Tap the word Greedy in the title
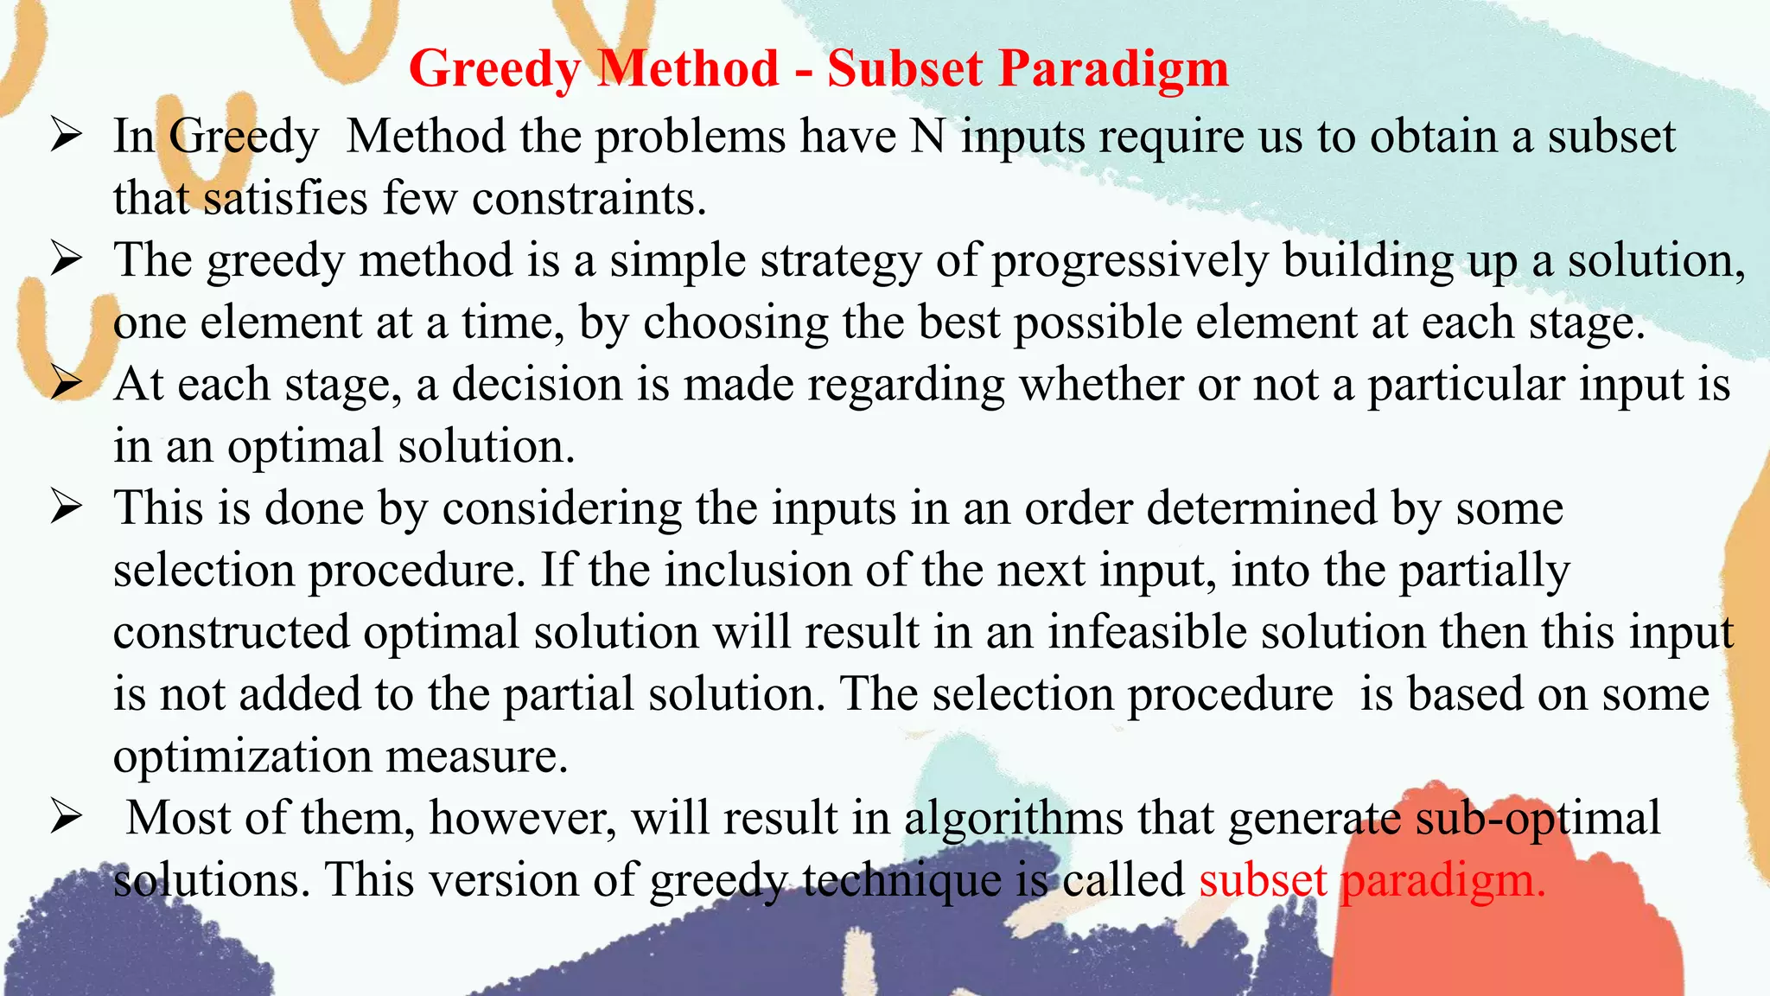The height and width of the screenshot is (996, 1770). (495, 69)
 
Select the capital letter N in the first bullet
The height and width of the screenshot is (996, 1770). (927, 137)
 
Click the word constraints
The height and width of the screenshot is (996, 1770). (589, 199)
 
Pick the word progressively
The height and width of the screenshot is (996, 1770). (1130, 261)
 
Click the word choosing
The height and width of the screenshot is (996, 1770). (735, 323)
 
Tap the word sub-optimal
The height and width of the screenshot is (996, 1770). (1538, 818)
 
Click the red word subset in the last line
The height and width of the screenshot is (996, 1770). (1263, 880)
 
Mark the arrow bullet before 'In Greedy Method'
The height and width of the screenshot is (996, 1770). (66, 137)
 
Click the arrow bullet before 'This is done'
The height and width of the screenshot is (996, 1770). (66, 508)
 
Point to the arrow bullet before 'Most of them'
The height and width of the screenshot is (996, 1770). (66, 817)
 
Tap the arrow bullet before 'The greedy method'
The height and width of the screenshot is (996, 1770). (66, 260)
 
